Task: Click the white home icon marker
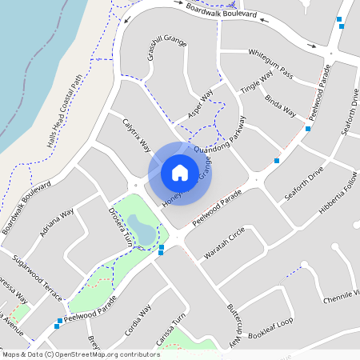(180, 172)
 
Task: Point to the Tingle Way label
(257, 83)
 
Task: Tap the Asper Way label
(201, 104)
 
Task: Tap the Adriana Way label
(57, 223)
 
